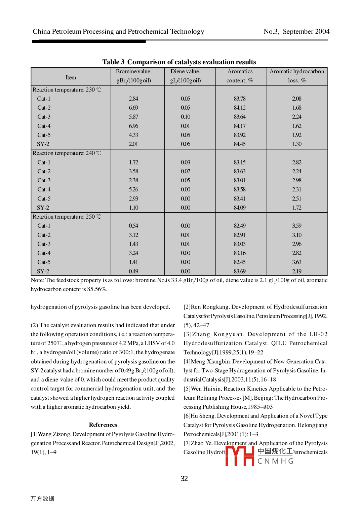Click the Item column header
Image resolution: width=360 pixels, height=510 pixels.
71,77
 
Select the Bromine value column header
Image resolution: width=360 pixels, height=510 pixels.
133,76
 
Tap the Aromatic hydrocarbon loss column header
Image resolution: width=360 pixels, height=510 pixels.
297,76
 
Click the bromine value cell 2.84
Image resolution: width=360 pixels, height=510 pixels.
133,99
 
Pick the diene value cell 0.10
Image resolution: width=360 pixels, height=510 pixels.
185,117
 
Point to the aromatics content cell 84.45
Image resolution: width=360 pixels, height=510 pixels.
240,144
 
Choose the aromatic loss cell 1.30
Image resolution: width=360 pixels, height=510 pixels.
297,144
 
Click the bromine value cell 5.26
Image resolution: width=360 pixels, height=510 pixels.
133,189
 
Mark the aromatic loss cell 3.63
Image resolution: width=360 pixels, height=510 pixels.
297,262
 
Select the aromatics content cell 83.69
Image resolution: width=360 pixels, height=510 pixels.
240,271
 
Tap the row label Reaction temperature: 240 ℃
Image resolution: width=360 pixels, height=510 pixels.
67,153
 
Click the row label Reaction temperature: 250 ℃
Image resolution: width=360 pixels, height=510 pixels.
67,217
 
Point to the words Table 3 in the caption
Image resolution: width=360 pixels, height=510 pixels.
113,62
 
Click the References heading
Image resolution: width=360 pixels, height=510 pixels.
103,425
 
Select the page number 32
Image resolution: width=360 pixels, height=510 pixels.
184,478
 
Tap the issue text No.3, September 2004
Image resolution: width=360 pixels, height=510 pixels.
296,32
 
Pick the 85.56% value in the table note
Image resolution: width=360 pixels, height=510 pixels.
97,289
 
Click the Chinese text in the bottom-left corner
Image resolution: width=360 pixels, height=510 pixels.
42,499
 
